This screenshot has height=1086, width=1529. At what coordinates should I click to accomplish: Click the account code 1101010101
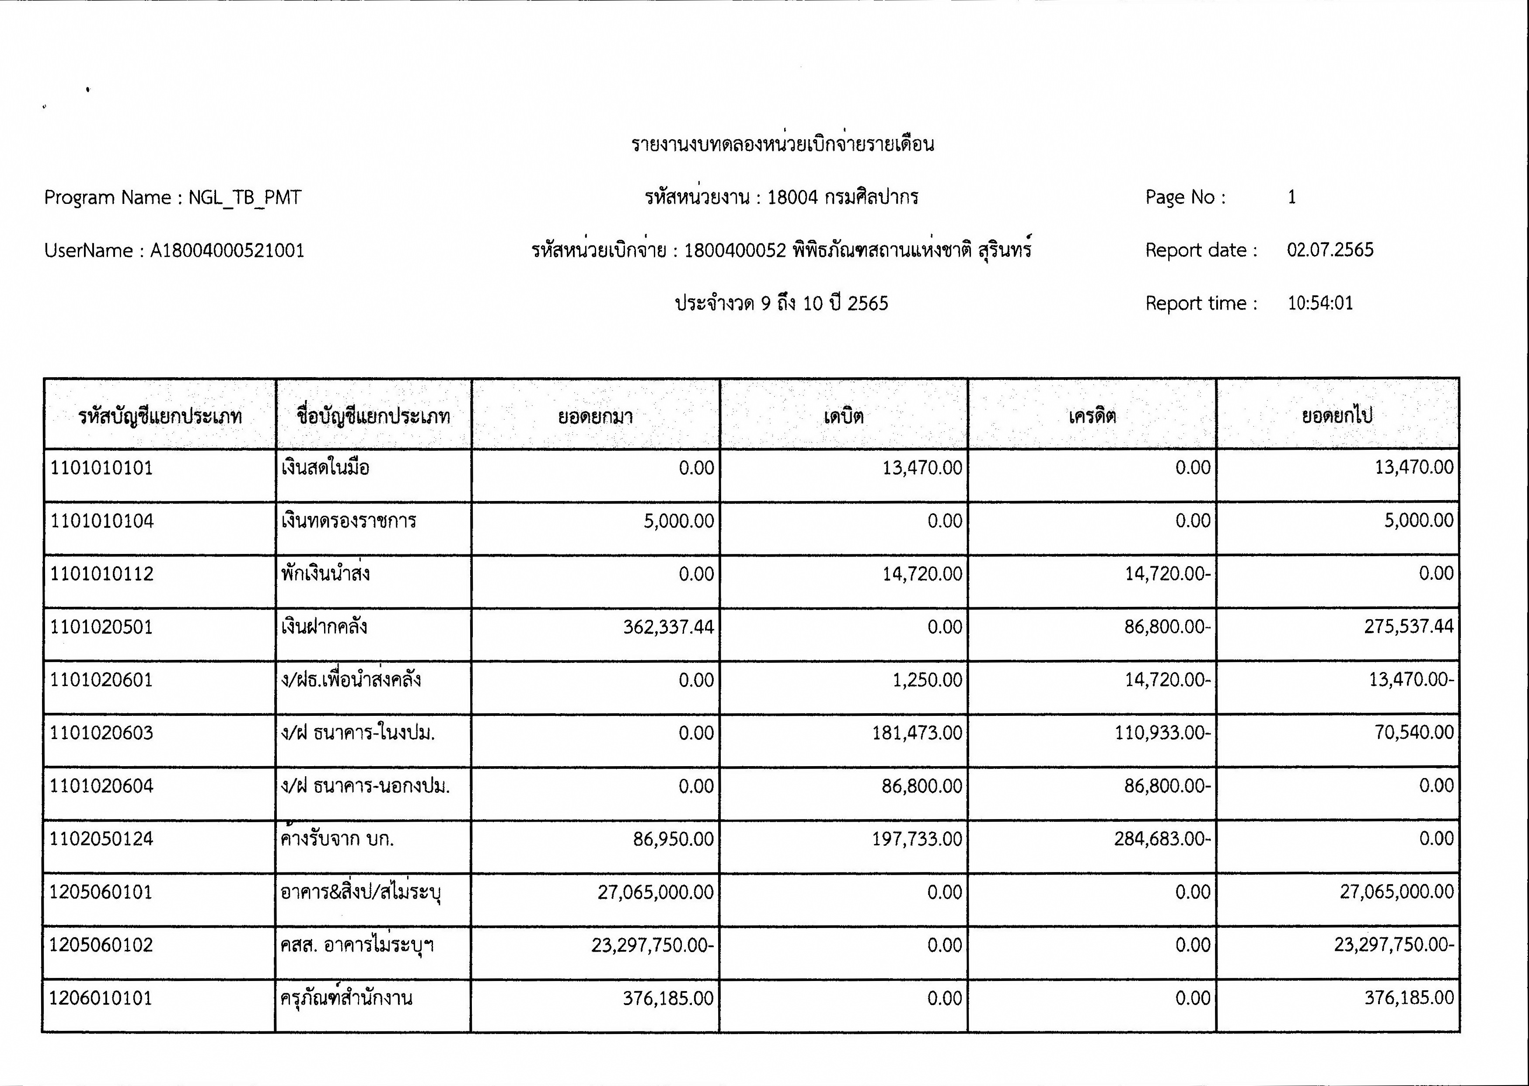click(x=101, y=467)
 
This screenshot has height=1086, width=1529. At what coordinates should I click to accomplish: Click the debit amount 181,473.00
click(x=916, y=733)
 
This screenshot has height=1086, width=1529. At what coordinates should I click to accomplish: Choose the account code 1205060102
click(x=101, y=945)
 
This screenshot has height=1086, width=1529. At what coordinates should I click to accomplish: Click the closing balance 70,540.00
click(x=1414, y=732)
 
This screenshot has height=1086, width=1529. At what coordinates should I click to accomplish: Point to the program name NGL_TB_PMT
click(x=244, y=197)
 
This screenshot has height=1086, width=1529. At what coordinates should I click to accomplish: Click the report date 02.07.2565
click(x=1330, y=250)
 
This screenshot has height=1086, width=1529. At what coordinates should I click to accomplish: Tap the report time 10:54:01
click(x=1320, y=303)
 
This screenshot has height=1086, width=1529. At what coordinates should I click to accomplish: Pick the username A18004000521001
click(x=227, y=251)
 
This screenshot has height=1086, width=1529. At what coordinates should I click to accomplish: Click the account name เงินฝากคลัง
click(x=324, y=627)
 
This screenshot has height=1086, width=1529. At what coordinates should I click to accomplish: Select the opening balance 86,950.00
click(x=673, y=839)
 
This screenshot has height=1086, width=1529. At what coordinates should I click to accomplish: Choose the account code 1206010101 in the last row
click(x=101, y=998)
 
